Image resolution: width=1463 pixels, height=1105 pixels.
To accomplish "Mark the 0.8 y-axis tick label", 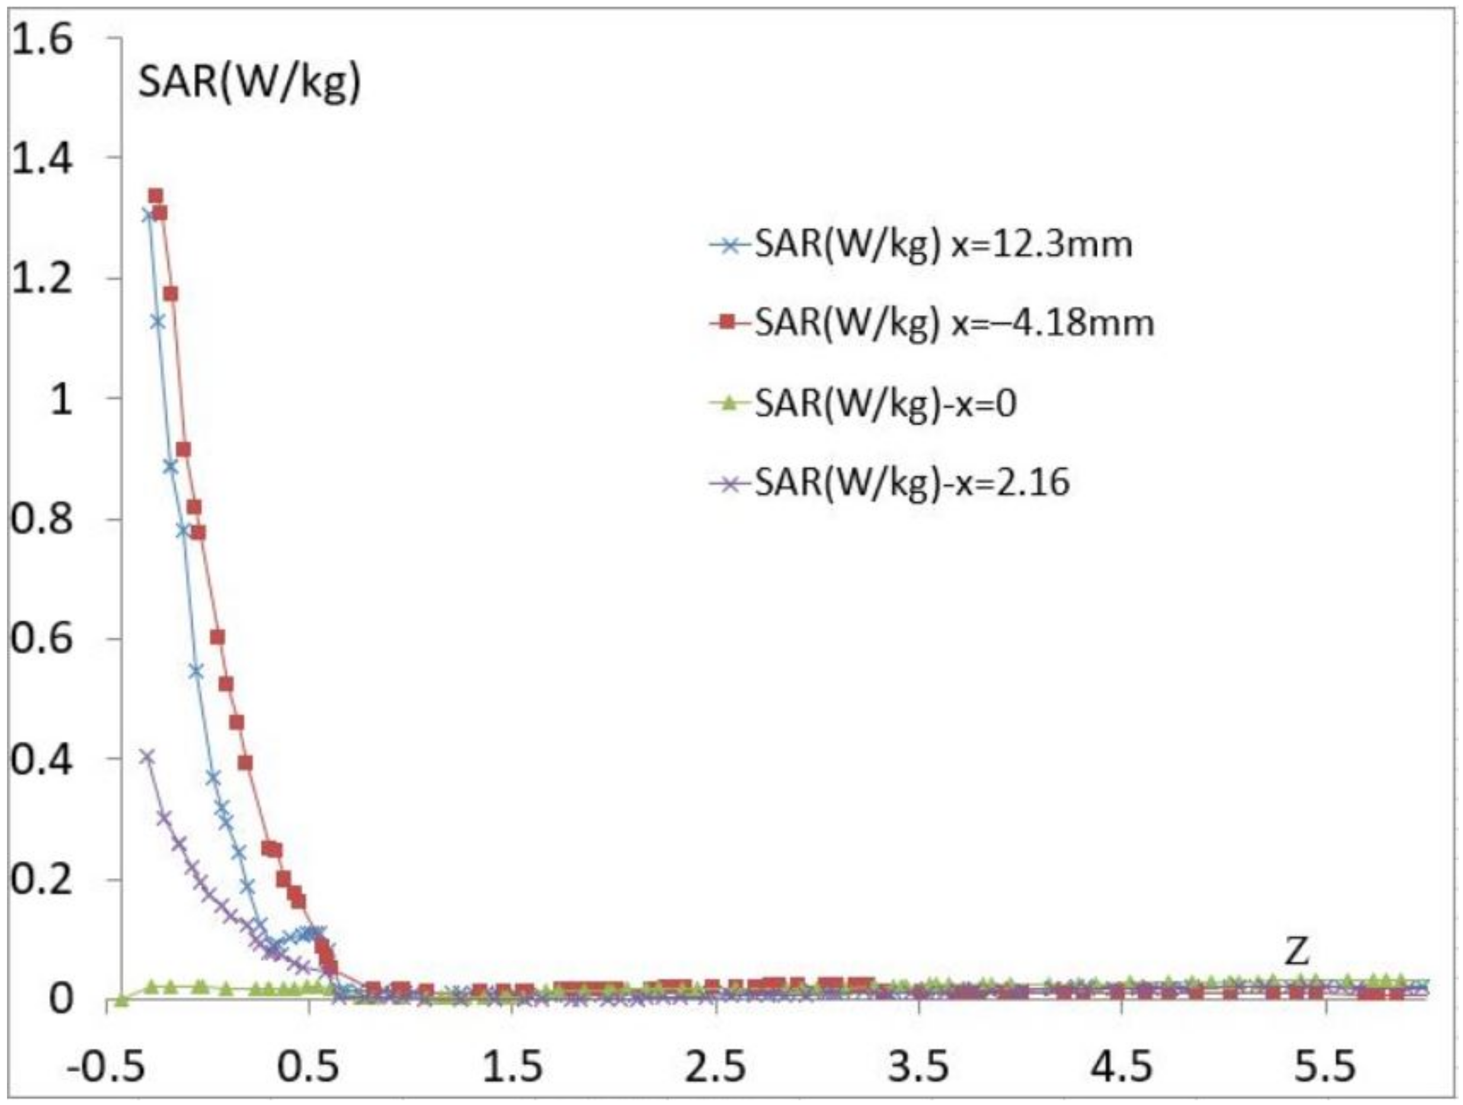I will tap(41, 520).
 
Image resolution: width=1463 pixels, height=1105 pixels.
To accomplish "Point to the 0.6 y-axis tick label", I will tap(41, 639).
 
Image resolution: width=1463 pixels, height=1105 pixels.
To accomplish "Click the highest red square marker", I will tap(156, 196).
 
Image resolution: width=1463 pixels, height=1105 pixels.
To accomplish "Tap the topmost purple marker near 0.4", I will tap(148, 757).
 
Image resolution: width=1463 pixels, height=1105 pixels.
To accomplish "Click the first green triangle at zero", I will tap(121, 1000).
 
